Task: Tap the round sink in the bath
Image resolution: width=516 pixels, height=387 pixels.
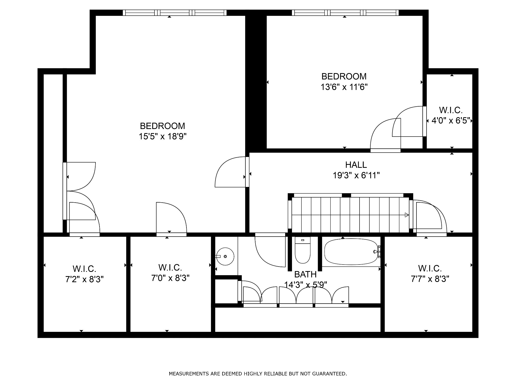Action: [225, 256]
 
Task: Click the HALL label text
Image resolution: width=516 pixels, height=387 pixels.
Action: [356, 165]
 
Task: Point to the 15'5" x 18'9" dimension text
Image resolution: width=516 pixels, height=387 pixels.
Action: [163, 137]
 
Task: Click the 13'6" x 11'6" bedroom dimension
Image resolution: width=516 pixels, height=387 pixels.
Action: [344, 87]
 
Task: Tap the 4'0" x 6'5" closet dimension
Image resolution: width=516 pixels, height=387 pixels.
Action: [451, 121]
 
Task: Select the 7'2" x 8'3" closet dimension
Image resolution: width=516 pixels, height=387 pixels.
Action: [85, 279]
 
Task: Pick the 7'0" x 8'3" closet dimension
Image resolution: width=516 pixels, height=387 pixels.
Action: [170, 278]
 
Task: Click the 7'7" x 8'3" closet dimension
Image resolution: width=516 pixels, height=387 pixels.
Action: [430, 279]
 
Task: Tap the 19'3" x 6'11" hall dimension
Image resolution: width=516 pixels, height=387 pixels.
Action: [356, 175]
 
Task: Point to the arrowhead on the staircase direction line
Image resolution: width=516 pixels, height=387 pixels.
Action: [407, 215]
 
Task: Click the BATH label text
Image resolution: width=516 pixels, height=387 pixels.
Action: [305, 274]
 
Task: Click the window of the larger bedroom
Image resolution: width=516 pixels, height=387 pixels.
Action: [175, 13]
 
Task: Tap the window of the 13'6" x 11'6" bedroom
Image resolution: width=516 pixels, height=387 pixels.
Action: [345, 13]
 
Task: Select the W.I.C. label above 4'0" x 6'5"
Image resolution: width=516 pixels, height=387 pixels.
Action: [451, 110]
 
